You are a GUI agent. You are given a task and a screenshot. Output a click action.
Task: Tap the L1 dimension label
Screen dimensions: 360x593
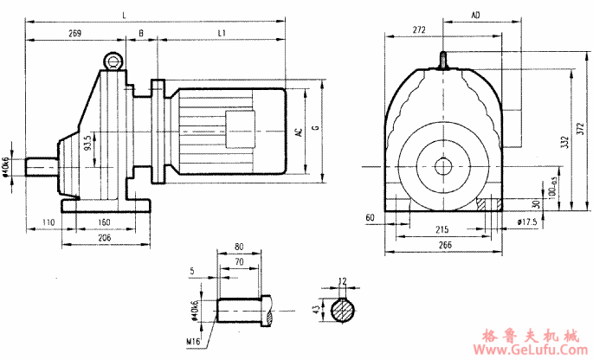point(222,34)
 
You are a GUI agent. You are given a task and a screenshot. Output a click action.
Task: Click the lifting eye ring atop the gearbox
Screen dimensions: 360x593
point(113,61)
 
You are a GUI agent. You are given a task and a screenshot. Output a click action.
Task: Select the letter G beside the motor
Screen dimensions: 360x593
point(315,130)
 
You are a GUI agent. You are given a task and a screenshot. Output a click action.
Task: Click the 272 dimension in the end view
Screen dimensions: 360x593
point(419,30)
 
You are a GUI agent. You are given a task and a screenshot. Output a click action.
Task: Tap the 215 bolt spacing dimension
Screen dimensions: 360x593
point(442,231)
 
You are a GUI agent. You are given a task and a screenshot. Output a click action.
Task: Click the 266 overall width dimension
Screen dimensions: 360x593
point(445,246)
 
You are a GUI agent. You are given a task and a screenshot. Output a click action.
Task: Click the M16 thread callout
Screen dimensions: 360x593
point(193,342)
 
